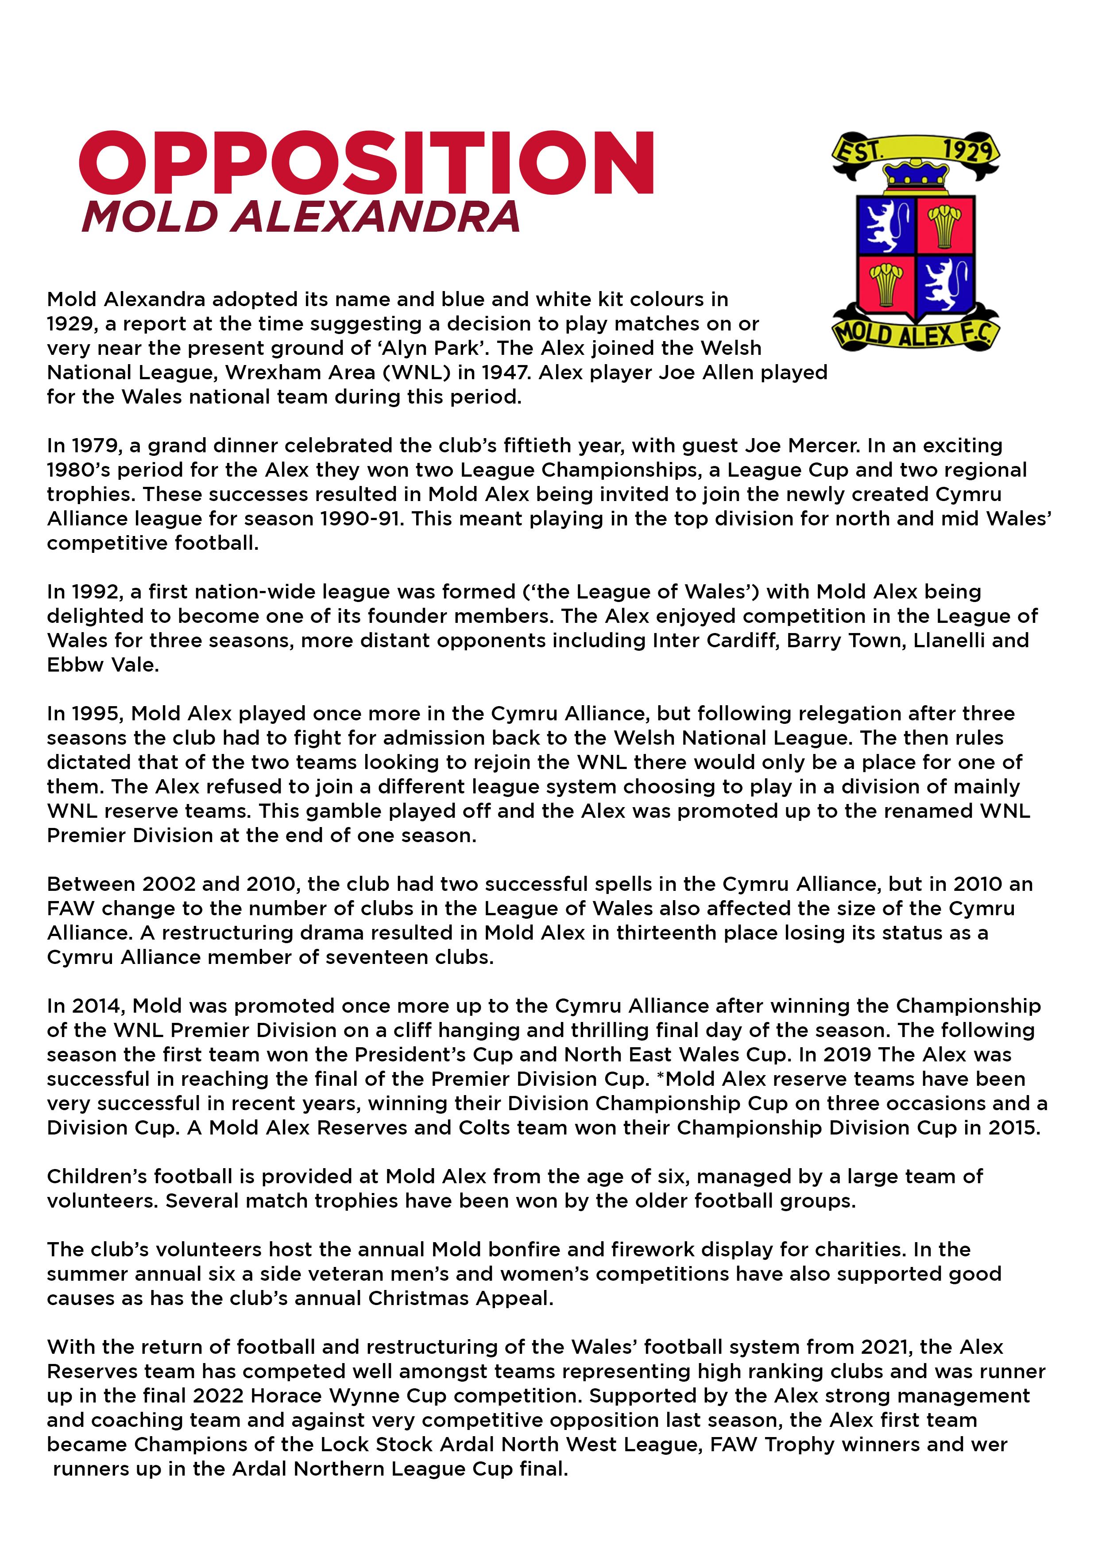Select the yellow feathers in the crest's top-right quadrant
pos(944,223)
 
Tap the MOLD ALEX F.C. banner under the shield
pos(915,333)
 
